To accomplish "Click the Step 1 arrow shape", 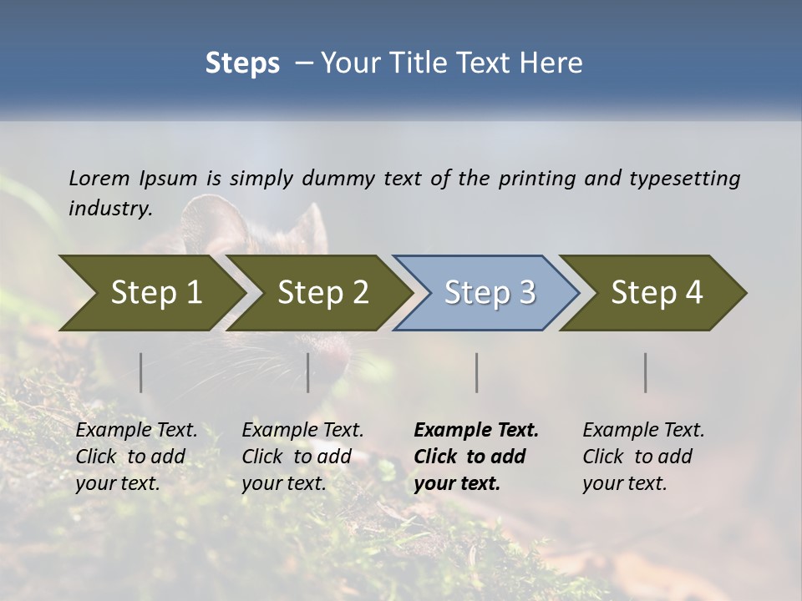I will (155, 292).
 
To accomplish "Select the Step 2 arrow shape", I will (322, 292).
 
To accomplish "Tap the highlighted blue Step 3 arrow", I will (490, 292).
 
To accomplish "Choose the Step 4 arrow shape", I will (657, 292).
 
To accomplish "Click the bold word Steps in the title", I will (242, 63).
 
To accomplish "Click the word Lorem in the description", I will (99, 178).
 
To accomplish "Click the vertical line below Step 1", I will (141, 372).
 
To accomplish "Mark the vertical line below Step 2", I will (308, 372).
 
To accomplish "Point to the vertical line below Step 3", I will (477, 372).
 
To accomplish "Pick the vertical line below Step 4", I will (646, 372).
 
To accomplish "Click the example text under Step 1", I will (136, 457).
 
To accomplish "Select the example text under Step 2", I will (302, 457).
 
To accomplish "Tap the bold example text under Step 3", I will (476, 457).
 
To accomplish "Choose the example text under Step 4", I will (643, 457).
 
